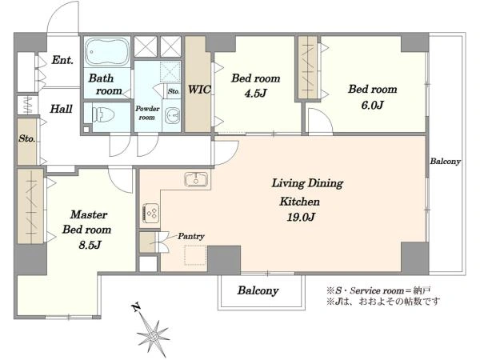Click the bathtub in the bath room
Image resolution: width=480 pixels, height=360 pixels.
point(107,52)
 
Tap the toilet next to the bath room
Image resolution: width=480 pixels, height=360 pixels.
point(103,115)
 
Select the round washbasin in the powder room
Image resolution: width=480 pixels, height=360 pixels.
point(172,116)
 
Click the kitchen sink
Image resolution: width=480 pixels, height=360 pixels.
point(196,179)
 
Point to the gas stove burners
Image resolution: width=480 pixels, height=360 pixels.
point(151,213)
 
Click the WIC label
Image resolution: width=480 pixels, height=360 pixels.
point(199,90)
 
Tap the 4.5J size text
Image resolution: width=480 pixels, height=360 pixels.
point(255,93)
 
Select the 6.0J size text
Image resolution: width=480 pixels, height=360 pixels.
point(372,105)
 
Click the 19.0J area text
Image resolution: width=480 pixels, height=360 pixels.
point(301,217)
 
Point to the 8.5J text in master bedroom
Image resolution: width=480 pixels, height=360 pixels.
point(90,245)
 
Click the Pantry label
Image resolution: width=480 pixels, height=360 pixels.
point(191,236)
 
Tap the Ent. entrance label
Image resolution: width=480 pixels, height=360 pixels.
point(62,60)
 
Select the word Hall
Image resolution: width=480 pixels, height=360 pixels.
point(61,109)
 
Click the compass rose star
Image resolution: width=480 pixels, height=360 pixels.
point(153,336)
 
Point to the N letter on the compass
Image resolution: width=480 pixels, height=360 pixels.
point(136,306)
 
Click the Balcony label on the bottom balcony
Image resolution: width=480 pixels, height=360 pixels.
point(258,290)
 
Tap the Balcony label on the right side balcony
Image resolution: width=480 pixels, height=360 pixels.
point(445,162)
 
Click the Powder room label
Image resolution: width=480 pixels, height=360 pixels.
point(147,113)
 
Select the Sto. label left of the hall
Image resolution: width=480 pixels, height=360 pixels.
point(26,138)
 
